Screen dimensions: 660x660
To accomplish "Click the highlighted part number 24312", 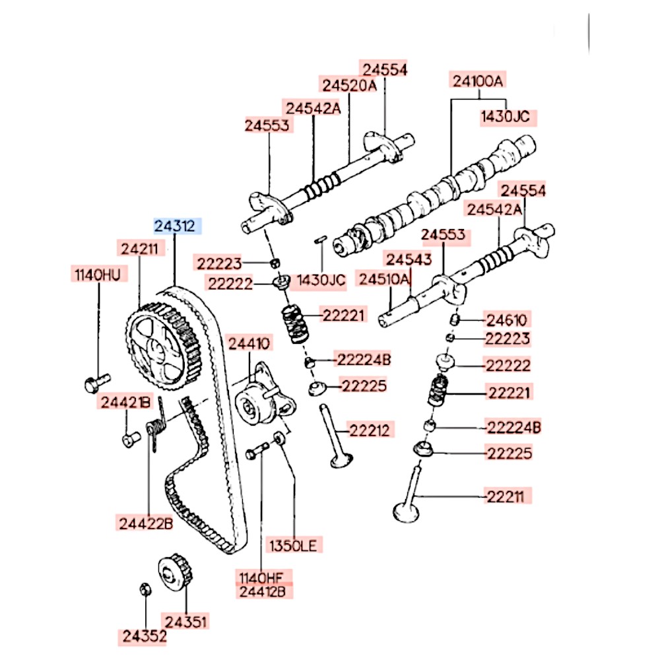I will pyautogui.click(x=175, y=226).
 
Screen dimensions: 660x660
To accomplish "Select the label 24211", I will pyautogui.click(x=139, y=249).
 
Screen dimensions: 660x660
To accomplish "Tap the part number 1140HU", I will pyautogui.click(x=96, y=275).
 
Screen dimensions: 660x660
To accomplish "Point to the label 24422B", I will pyautogui.click(x=146, y=523).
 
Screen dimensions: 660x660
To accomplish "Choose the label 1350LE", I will pyautogui.click(x=292, y=545).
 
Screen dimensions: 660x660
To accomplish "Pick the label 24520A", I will pyautogui.click(x=349, y=84).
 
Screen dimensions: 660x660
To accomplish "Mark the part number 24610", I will pyautogui.click(x=506, y=321).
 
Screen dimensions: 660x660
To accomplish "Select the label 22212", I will pyautogui.click(x=370, y=431).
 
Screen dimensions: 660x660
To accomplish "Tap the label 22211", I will pyautogui.click(x=509, y=496).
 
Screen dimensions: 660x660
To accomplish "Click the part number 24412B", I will pyautogui.click(x=261, y=591).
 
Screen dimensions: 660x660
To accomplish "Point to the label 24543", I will pyautogui.click(x=409, y=259).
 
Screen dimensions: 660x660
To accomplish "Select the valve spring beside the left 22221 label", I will pyautogui.click(x=295, y=324).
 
